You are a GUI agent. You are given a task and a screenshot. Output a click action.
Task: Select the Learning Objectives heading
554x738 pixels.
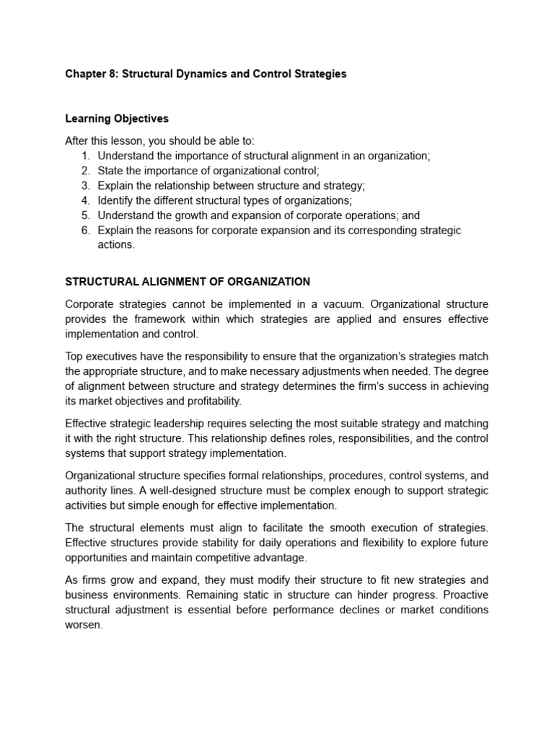coord(117,118)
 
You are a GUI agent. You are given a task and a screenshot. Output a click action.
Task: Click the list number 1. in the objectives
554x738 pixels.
coord(85,155)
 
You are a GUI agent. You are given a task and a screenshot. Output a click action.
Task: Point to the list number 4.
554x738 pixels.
coord(85,200)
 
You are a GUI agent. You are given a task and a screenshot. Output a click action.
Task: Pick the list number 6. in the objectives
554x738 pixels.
coord(85,230)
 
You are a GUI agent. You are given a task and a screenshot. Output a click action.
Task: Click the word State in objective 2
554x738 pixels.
coord(110,170)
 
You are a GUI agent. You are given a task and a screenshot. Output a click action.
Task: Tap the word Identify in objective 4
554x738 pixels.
coord(117,200)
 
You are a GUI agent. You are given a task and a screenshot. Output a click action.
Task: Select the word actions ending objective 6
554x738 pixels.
coord(116,244)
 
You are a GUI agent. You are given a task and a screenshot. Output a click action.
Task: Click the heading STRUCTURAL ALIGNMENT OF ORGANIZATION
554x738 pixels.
coord(188,282)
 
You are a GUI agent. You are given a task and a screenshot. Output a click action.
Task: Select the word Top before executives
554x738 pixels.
coord(74,356)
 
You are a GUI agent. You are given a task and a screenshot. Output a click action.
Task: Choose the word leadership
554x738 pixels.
coord(177,424)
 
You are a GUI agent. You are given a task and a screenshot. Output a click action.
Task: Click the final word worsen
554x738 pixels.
coord(84,625)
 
